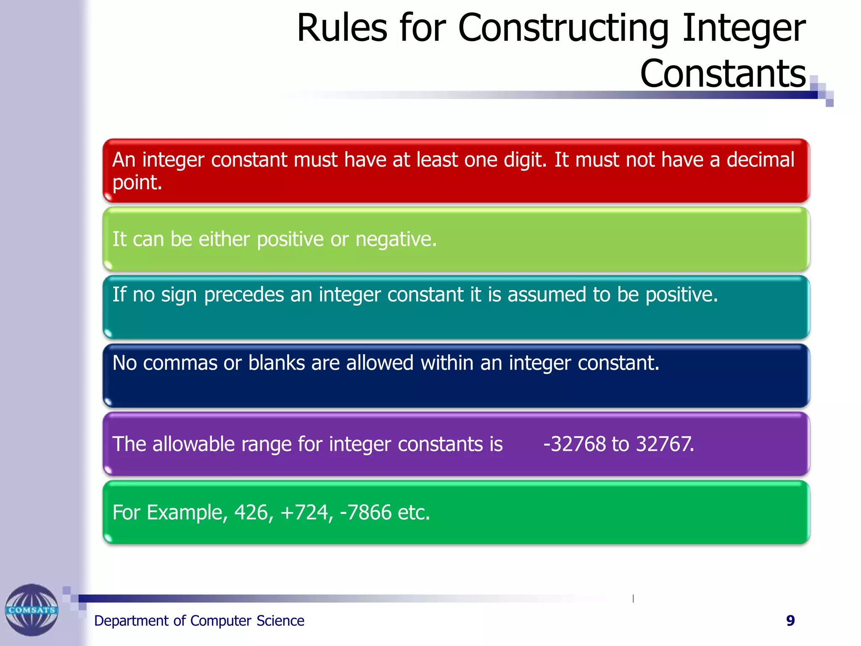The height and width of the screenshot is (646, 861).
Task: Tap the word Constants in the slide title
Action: coord(723,74)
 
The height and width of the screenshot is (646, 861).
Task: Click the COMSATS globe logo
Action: coord(32,610)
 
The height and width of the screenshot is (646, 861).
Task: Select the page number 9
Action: coord(790,621)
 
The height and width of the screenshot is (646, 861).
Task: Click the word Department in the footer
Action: coord(131,621)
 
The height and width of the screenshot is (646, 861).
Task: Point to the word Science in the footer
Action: coord(280,621)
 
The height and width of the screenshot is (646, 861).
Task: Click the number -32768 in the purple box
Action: coord(574,444)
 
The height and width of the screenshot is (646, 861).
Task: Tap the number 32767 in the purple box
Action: coord(664,444)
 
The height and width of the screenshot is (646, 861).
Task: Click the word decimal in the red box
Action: coord(760,160)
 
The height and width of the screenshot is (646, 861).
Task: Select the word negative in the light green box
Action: coord(396,240)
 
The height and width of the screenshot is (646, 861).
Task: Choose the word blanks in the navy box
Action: coord(276,363)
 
